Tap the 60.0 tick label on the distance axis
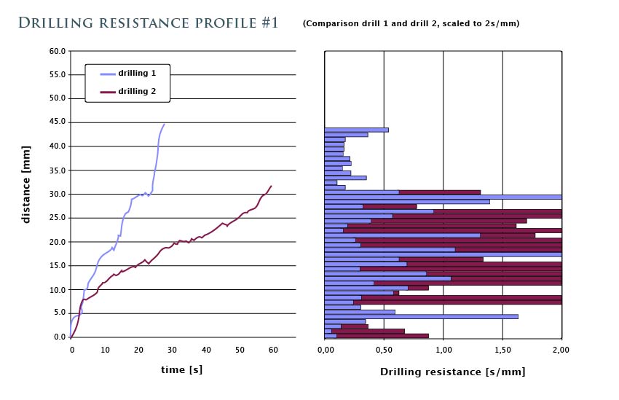tap(57, 51)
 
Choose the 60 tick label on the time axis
tap(274, 350)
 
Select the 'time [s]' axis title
tap(182, 370)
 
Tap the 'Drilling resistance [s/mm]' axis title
tap(452, 372)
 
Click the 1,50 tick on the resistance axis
tap(502, 350)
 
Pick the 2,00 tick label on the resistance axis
tap(561, 350)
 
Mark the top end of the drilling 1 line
tap(165, 124)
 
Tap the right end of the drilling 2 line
tap(272, 186)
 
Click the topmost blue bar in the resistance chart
tap(357, 130)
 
